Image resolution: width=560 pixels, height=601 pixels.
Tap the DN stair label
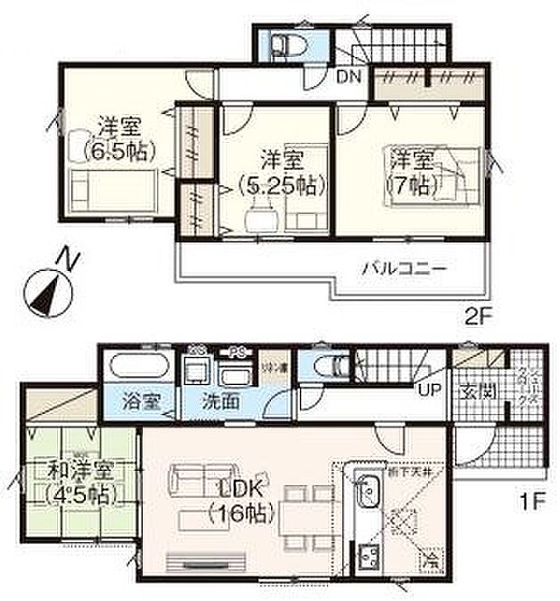click(350, 77)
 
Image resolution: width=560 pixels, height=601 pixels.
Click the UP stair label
click(429, 390)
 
